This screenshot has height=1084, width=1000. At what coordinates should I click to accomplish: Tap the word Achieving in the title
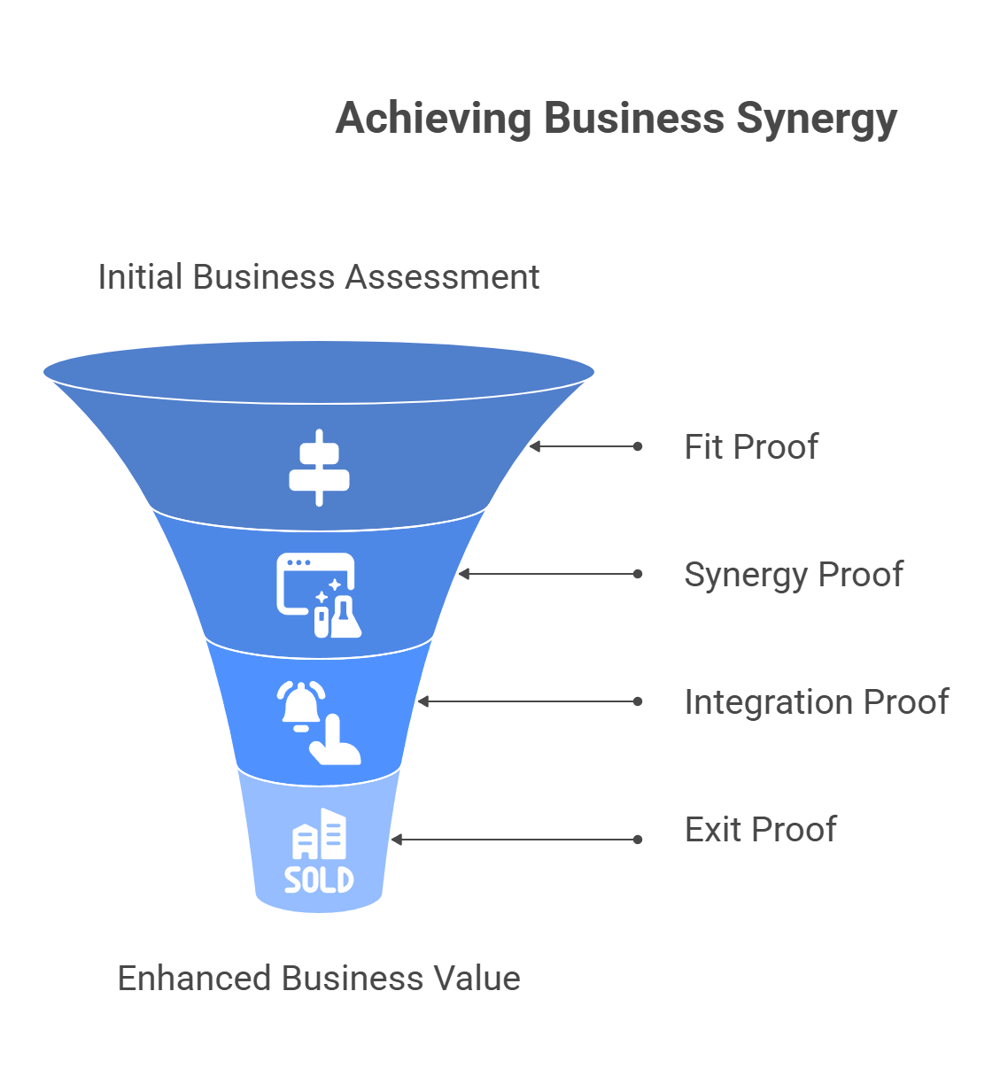tap(432, 119)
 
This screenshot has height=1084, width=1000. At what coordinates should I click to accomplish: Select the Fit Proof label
tap(751, 447)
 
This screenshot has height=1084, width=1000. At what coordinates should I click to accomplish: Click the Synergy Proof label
tap(794, 575)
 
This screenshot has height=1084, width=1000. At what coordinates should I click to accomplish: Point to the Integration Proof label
tap(816, 702)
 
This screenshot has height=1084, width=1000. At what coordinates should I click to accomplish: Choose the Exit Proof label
tap(760, 830)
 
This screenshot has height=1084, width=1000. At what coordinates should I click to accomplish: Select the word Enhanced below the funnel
tap(194, 979)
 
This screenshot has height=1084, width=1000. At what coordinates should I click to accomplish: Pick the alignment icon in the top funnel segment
tap(319, 468)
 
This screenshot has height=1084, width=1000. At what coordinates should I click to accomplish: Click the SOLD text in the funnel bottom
tap(319, 879)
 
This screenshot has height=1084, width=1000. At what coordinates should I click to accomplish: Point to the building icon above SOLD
tap(320, 834)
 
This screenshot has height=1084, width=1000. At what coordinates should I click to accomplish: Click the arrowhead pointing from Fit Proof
tap(534, 446)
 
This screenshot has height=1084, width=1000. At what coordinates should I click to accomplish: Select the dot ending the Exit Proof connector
tap(638, 840)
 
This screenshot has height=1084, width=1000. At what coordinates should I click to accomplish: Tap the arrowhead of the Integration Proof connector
tap(422, 701)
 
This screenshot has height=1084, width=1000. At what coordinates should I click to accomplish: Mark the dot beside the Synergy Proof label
tap(638, 574)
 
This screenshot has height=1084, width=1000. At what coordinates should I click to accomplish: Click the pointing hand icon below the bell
tap(336, 744)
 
